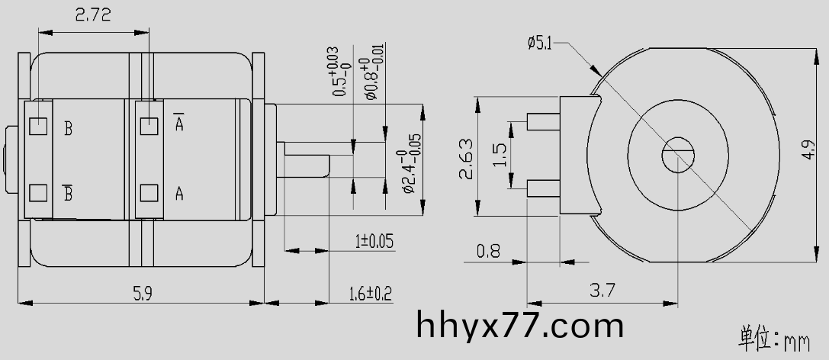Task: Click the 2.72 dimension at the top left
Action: [x=92, y=14]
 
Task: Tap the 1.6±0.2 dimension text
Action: [x=370, y=294]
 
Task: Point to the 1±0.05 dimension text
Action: [x=374, y=242]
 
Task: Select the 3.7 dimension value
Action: [x=603, y=290]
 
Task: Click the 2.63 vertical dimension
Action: [x=467, y=159]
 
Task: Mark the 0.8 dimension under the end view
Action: [x=488, y=250]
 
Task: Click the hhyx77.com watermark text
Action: [x=521, y=326]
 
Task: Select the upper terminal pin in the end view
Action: [x=544, y=121]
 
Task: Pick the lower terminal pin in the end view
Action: [x=544, y=186]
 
